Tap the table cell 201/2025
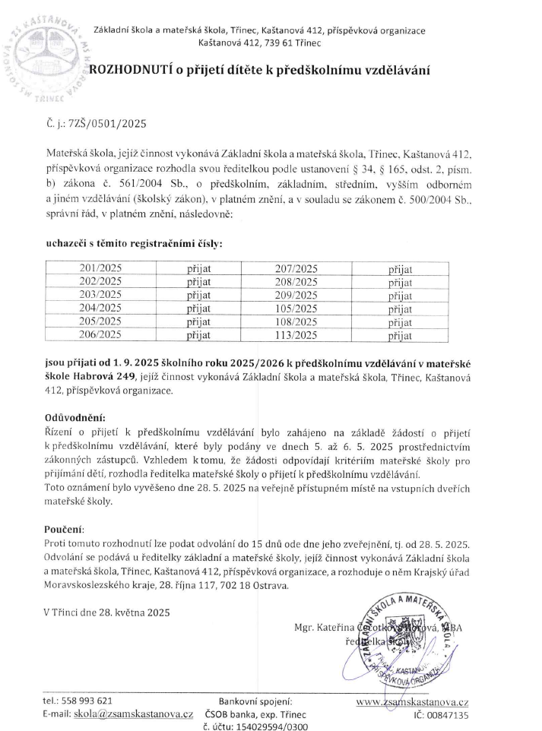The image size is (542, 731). click(106, 268)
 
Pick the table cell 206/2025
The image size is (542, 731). click(106, 334)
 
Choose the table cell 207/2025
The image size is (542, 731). click(296, 268)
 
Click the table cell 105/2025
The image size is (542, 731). click(296, 308)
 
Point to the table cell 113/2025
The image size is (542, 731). click(296, 334)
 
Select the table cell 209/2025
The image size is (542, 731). click(296, 295)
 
